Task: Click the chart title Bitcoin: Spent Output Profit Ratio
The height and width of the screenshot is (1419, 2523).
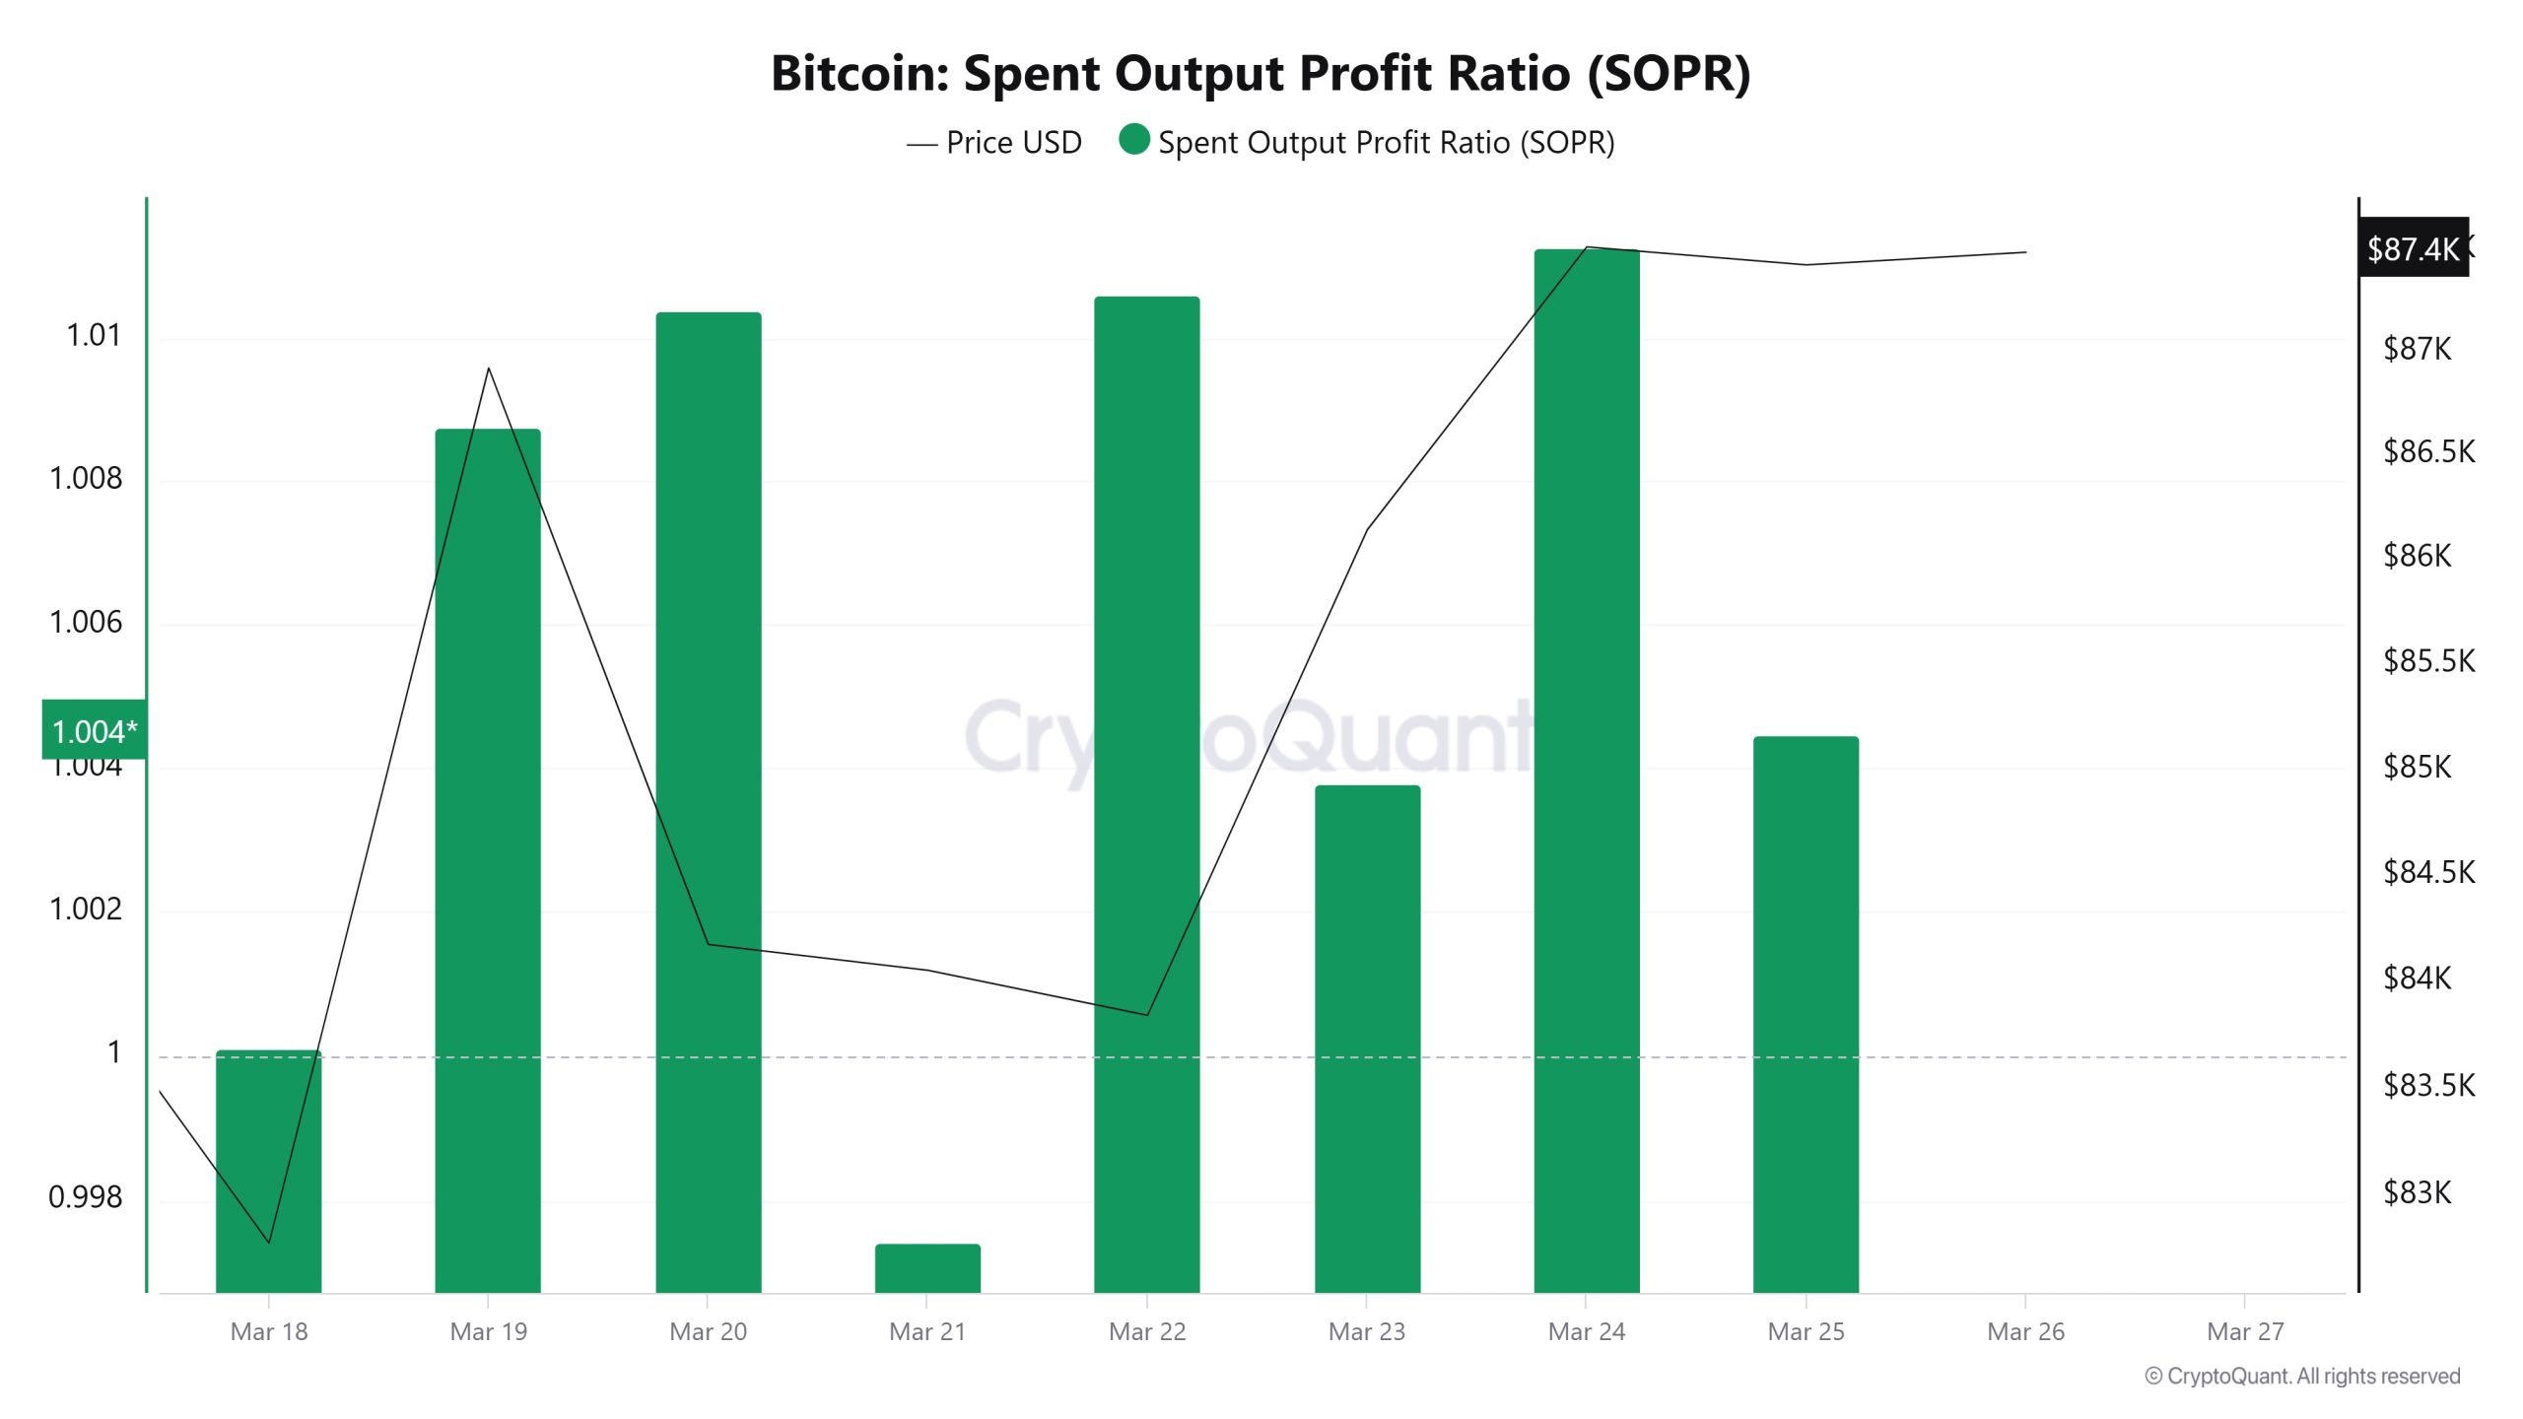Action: click(x=1260, y=74)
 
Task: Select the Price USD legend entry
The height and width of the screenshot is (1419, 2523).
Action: click(x=995, y=143)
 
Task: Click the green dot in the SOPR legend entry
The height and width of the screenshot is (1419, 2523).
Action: click(x=1134, y=140)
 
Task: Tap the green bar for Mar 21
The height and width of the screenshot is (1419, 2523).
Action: click(x=927, y=1268)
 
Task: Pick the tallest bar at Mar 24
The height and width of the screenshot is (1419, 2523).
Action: click(x=1586, y=769)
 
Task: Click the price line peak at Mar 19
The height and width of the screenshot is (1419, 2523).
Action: click(x=489, y=369)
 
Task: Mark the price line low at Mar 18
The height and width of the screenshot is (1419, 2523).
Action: click(x=269, y=1242)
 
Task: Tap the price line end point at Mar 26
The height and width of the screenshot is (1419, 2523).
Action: click(x=2025, y=252)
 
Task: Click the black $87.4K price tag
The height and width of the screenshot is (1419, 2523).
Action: click(x=2413, y=248)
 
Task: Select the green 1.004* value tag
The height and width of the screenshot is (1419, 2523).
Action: click(x=94, y=731)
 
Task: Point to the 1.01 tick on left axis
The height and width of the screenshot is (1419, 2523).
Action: click(x=94, y=336)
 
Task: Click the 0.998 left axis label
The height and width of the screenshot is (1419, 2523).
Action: click(x=86, y=1196)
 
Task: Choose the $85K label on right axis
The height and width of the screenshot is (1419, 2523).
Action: click(x=2417, y=767)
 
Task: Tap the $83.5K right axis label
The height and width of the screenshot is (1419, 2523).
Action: click(x=2427, y=1085)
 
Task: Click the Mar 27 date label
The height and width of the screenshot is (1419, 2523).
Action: click(x=2244, y=1331)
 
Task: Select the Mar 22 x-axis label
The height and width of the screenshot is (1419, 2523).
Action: click(x=1147, y=1331)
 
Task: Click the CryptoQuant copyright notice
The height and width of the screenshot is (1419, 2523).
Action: click(x=2302, y=1376)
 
